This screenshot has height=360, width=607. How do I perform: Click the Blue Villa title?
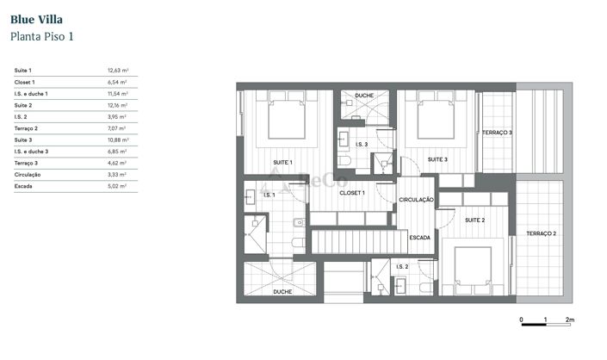tap(36, 18)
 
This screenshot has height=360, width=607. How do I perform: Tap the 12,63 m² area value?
tap(117, 70)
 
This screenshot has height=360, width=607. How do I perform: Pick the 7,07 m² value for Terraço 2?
tap(117, 127)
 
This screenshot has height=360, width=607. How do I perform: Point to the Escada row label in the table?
tap(23, 185)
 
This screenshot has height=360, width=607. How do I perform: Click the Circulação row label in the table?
tap(28, 174)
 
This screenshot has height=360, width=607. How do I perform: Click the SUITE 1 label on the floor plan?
tap(282, 162)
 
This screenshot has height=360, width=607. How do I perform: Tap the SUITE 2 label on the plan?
tap(474, 220)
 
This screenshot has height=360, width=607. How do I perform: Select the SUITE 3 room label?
tap(437, 159)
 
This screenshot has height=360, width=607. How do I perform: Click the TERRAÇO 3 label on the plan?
tap(497, 133)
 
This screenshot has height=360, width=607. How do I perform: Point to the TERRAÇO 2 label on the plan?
tap(542, 233)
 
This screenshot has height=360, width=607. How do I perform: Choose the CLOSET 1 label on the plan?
tap(353, 193)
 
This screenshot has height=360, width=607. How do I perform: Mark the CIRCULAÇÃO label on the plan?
tap(417, 200)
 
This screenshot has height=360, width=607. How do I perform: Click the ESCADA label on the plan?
tap(420, 237)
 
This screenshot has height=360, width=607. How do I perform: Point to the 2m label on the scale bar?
tap(570, 320)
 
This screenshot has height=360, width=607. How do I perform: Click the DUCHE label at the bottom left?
tap(282, 292)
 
